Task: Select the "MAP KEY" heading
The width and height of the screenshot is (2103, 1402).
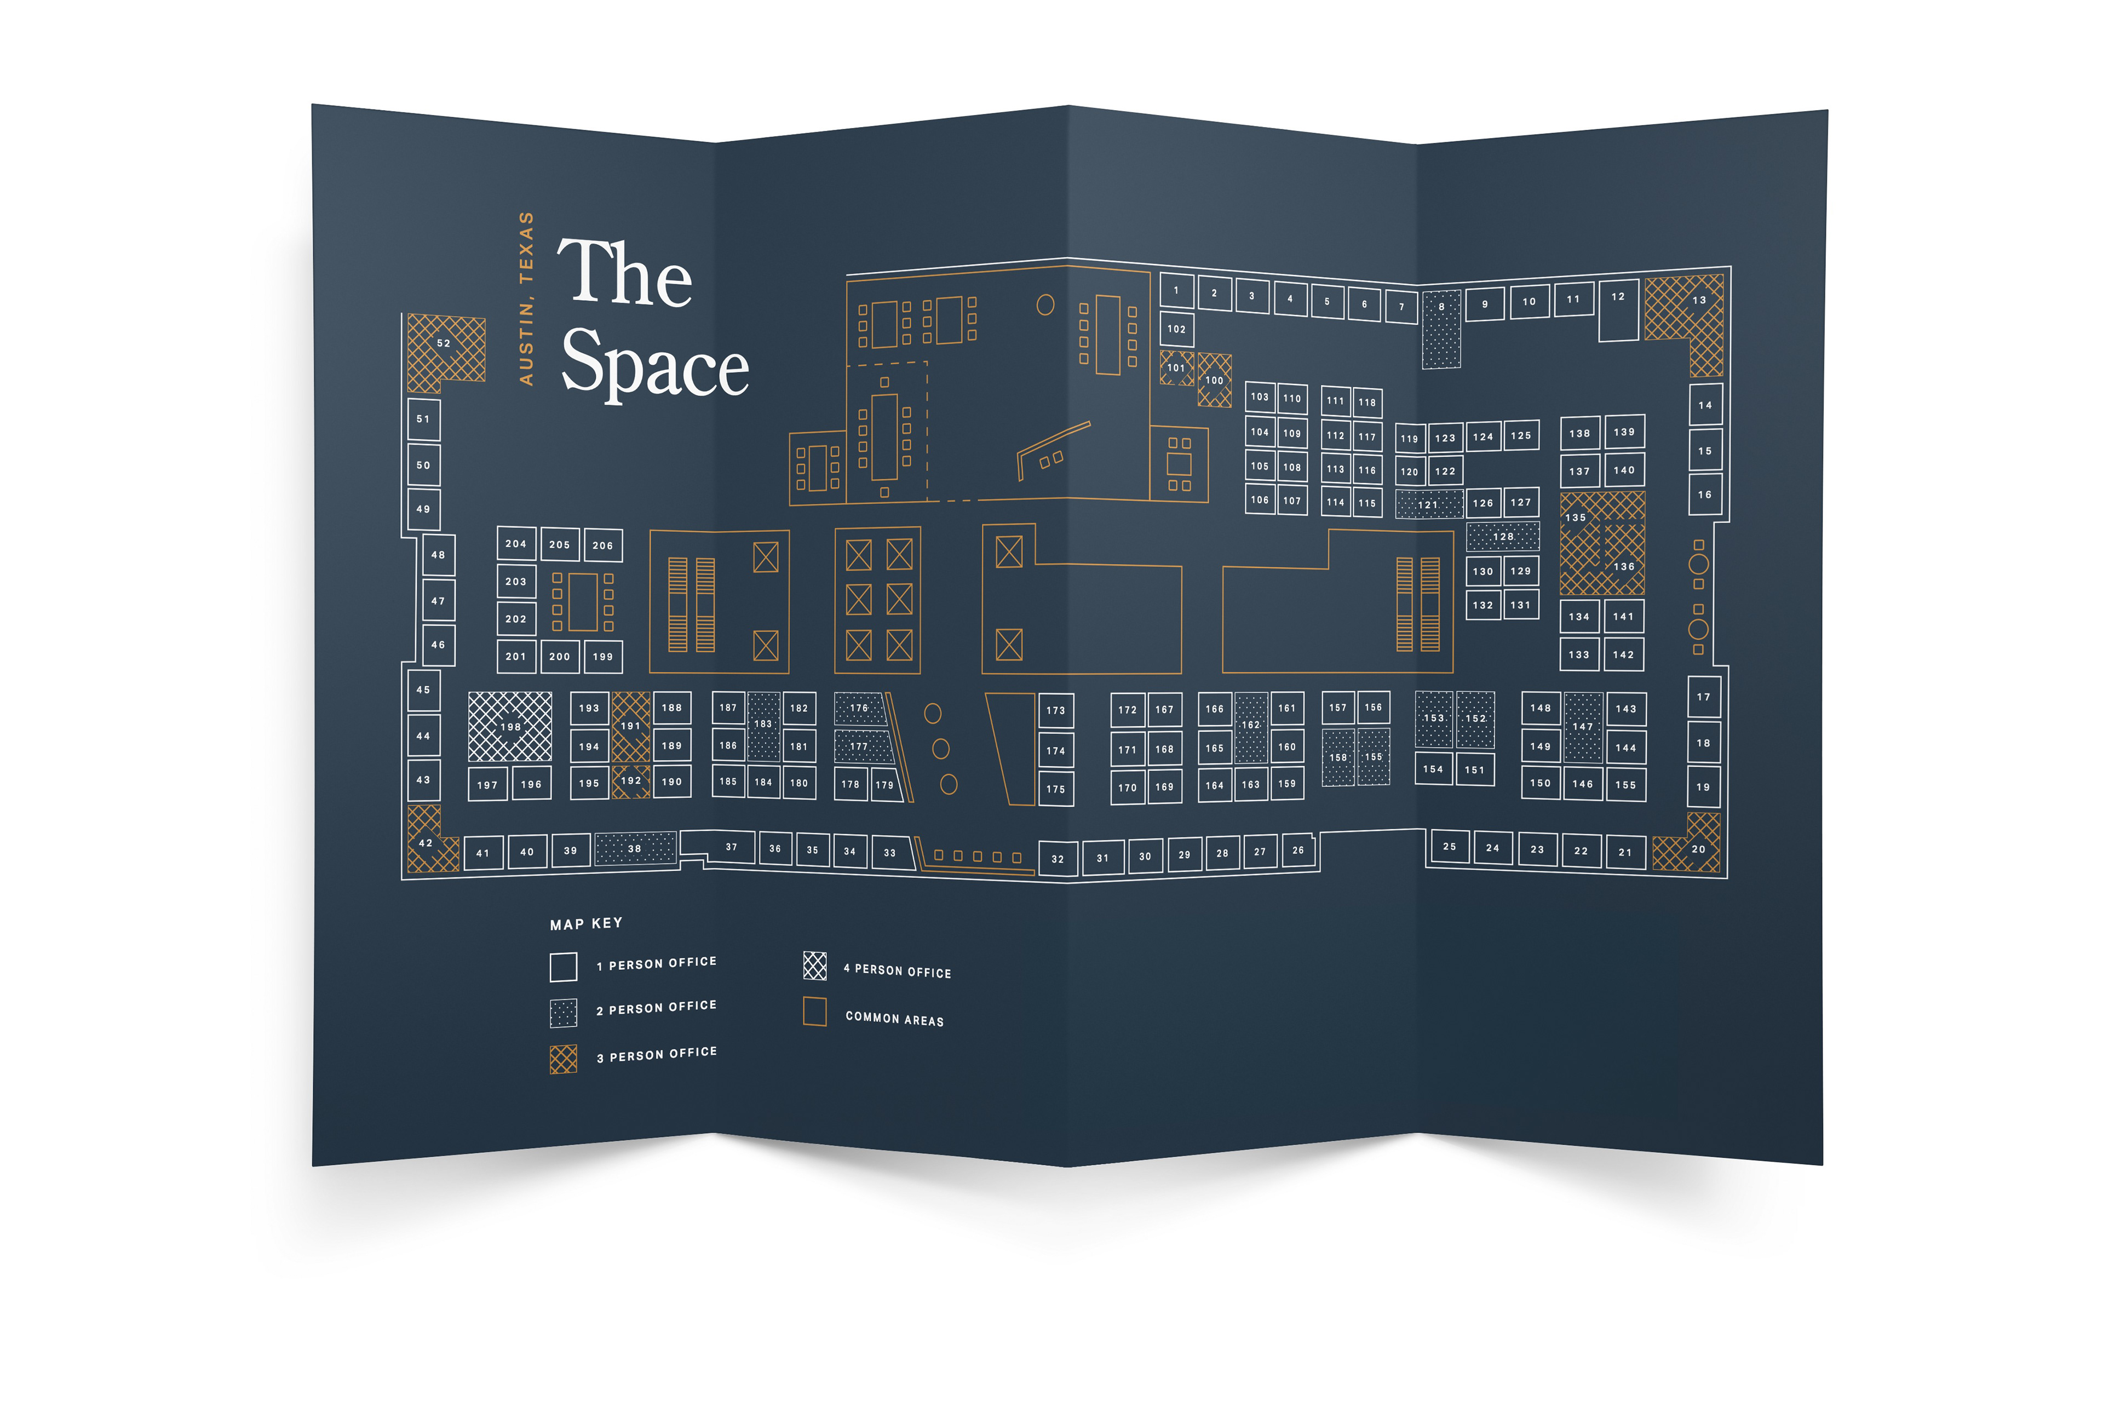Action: coord(585,924)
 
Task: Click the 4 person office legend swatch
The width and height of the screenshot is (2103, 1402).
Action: coord(814,966)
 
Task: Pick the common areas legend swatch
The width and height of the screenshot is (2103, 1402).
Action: coord(814,1012)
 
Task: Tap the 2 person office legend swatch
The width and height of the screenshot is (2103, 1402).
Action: coord(564,1013)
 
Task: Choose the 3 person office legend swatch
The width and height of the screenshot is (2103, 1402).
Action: coord(564,1059)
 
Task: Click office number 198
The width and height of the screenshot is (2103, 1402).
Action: coord(510,726)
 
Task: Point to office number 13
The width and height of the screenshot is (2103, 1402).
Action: coord(1698,301)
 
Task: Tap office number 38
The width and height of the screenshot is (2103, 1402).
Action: coord(634,848)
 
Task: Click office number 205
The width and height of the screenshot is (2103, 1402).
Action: coord(560,544)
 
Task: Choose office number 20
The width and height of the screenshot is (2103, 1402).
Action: coord(1698,848)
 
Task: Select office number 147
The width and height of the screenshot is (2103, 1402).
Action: coord(1583,727)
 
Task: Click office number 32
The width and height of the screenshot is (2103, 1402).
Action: coord(1057,858)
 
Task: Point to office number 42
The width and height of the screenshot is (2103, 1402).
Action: coord(426,842)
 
